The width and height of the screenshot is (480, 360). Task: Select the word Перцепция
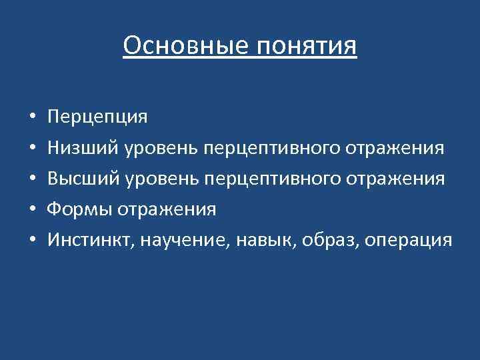(x=97, y=117)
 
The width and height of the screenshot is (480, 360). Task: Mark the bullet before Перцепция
(x=33, y=118)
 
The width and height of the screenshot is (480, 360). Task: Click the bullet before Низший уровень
(x=33, y=149)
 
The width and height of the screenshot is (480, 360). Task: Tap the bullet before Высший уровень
(x=33, y=179)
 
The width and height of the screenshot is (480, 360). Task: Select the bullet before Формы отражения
(x=33, y=210)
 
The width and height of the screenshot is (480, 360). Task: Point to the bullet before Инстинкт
(x=33, y=241)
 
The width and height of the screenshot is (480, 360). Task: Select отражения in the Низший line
(x=395, y=148)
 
